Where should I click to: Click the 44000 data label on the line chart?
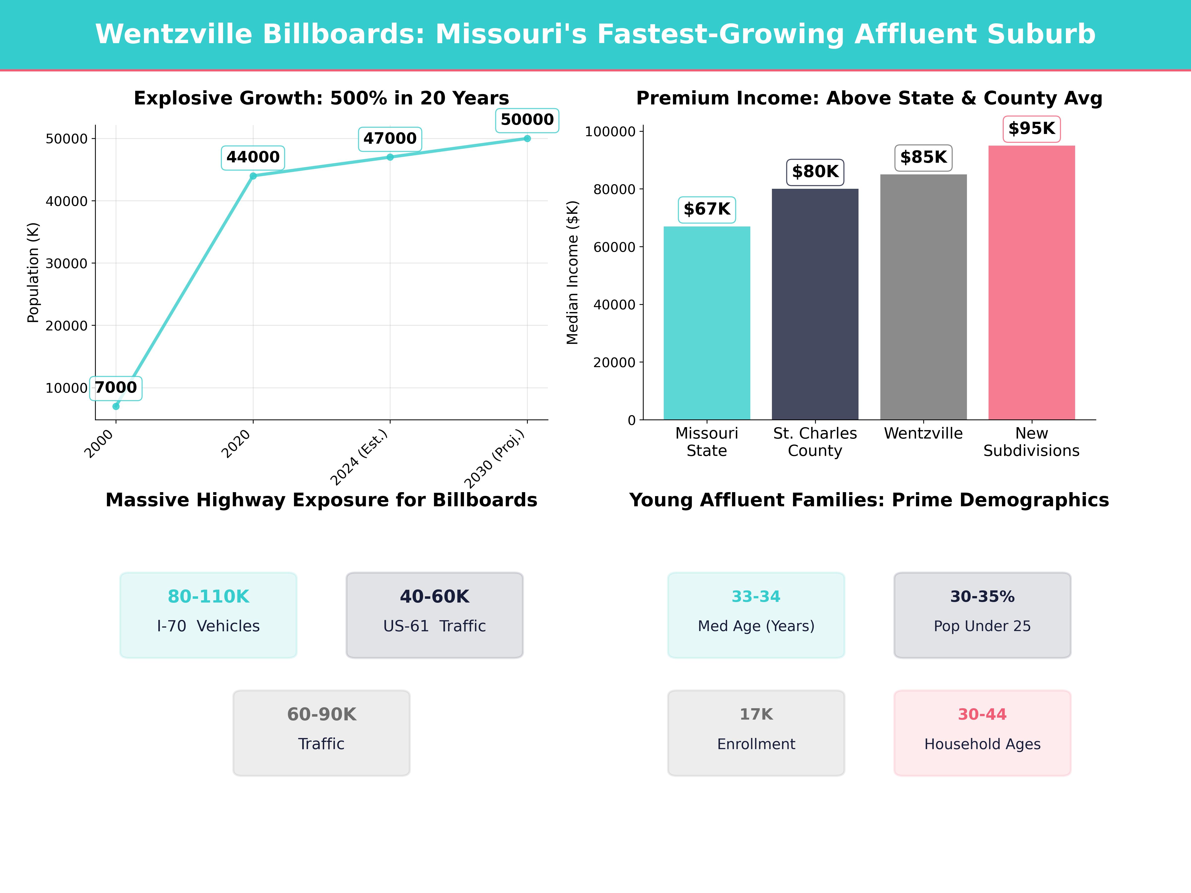253,157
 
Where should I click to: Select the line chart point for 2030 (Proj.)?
527,138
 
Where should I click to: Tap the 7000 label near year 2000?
116,387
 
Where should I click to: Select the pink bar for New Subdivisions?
1031,283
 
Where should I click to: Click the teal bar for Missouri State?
706,323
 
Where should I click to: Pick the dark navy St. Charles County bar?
815,304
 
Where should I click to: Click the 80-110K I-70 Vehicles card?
208,615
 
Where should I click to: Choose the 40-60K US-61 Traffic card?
434,615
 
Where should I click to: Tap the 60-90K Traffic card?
321,733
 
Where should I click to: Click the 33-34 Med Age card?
756,615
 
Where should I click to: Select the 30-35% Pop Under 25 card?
982,615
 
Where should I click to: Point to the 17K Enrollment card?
756,733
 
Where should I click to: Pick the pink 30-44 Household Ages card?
982,733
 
